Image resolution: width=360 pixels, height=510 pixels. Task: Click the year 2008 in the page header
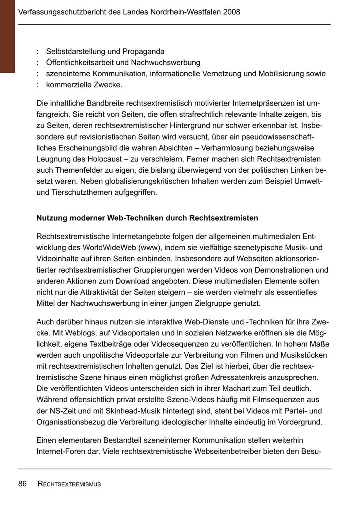[232, 12]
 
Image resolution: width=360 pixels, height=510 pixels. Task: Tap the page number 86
[22, 484]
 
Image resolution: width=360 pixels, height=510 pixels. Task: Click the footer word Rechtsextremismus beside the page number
[69, 484]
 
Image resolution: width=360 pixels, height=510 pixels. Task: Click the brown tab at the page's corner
[7, 36]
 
